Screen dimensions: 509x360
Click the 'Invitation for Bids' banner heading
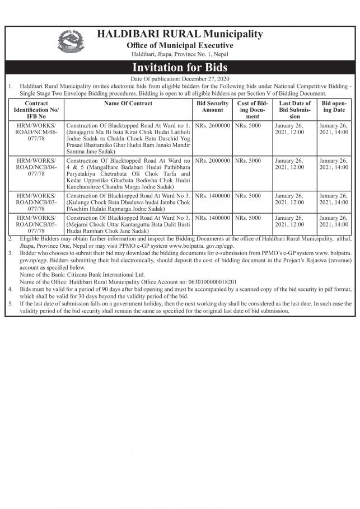tap(180, 67)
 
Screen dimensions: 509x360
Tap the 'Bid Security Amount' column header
tap(212, 107)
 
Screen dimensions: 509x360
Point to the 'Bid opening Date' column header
tap(334, 107)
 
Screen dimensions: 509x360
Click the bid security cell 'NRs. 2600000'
tap(212, 125)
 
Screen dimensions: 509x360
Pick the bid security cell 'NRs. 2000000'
tap(212, 161)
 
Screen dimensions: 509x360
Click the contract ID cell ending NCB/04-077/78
tap(36, 167)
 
